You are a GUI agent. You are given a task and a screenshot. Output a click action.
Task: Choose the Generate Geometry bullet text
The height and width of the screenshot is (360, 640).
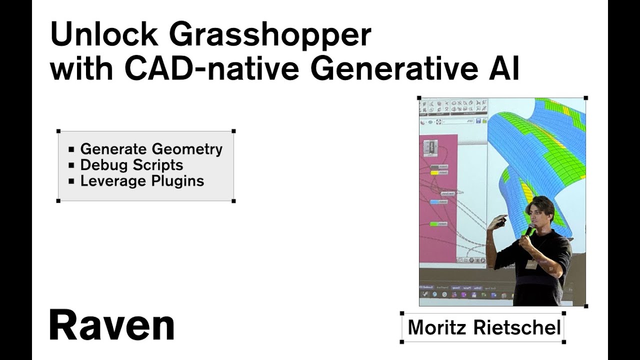point(151,149)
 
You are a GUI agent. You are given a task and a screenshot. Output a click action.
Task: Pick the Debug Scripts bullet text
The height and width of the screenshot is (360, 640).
point(131,165)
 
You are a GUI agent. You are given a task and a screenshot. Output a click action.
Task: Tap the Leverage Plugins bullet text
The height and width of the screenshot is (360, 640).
point(142,181)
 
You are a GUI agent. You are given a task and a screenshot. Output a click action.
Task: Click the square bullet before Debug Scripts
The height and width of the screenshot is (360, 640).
point(71,165)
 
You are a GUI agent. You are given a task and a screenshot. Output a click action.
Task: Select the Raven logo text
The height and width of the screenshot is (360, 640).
point(111,325)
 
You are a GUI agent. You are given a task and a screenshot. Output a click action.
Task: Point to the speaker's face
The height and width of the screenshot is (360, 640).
point(538,212)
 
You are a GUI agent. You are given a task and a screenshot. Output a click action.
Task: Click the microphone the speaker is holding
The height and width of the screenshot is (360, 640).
point(529,231)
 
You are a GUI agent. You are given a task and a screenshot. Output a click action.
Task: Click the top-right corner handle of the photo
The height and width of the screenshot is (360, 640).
point(585,98)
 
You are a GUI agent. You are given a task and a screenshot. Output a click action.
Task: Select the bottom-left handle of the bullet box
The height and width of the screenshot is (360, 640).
point(58,201)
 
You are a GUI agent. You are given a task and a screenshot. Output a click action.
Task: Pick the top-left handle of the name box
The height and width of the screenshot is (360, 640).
point(402,313)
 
